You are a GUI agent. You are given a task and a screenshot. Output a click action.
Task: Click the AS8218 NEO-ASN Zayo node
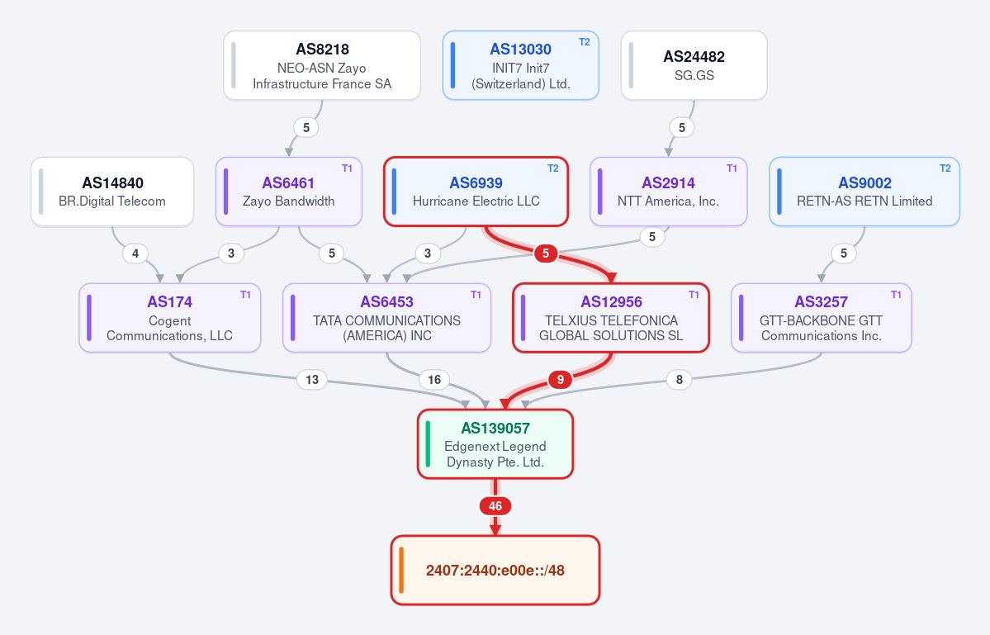[322, 65]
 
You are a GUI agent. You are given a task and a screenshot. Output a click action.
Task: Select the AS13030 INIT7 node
[520, 65]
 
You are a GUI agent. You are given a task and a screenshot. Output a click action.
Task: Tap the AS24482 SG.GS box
[694, 65]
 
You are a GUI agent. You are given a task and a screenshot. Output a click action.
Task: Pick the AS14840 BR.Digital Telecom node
[112, 192]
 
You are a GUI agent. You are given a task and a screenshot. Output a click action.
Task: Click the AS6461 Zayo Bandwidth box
[288, 192]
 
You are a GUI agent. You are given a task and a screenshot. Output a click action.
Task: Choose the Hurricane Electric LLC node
[476, 192]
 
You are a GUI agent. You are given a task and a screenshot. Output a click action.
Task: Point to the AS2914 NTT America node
[669, 192]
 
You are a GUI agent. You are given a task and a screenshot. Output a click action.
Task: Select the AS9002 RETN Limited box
[864, 192]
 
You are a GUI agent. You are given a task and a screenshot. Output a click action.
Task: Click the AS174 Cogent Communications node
[170, 318]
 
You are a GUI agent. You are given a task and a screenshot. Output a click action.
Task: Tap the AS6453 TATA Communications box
[387, 318]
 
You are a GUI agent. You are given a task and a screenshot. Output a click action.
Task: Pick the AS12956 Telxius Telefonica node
[611, 318]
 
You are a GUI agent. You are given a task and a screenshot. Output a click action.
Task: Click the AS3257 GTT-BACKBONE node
[822, 318]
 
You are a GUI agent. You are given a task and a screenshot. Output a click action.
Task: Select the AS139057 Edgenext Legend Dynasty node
[495, 444]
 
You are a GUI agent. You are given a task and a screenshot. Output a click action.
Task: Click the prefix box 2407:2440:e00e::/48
[495, 571]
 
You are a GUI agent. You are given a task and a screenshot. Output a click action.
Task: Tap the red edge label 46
[495, 506]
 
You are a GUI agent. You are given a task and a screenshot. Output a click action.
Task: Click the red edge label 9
[561, 379]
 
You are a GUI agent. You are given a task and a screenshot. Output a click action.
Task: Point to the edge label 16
[434, 379]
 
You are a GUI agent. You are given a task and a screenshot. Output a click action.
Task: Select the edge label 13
[312, 379]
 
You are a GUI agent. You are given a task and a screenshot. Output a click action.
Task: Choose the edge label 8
[680, 379]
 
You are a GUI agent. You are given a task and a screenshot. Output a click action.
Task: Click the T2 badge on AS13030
[585, 42]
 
